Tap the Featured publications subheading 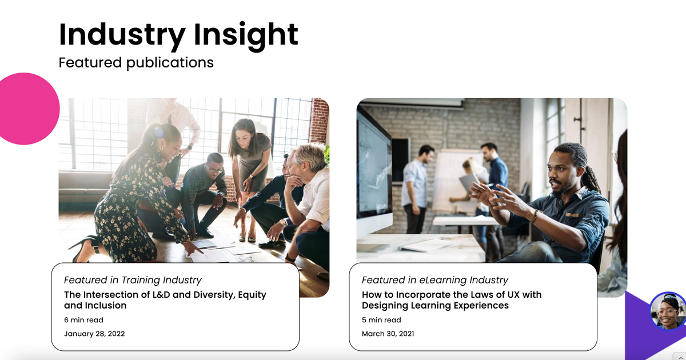pyautogui.click(x=136, y=62)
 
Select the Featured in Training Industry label pyautogui.click(x=133, y=280)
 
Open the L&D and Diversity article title pyautogui.click(x=165, y=300)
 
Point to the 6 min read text pyautogui.click(x=83, y=320)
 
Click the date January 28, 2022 pyautogui.click(x=94, y=334)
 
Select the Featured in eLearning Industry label pyautogui.click(x=434, y=280)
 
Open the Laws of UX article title pyautogui.click(x=451, y=300)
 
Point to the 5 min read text pyautogui.click(x=381, y=320)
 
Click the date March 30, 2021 pyautogui.click(x=388, y=334)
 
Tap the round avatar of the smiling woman pyautogui.click(x=668, y=311)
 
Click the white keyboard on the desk pyautogui.click(x=426, y=245)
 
